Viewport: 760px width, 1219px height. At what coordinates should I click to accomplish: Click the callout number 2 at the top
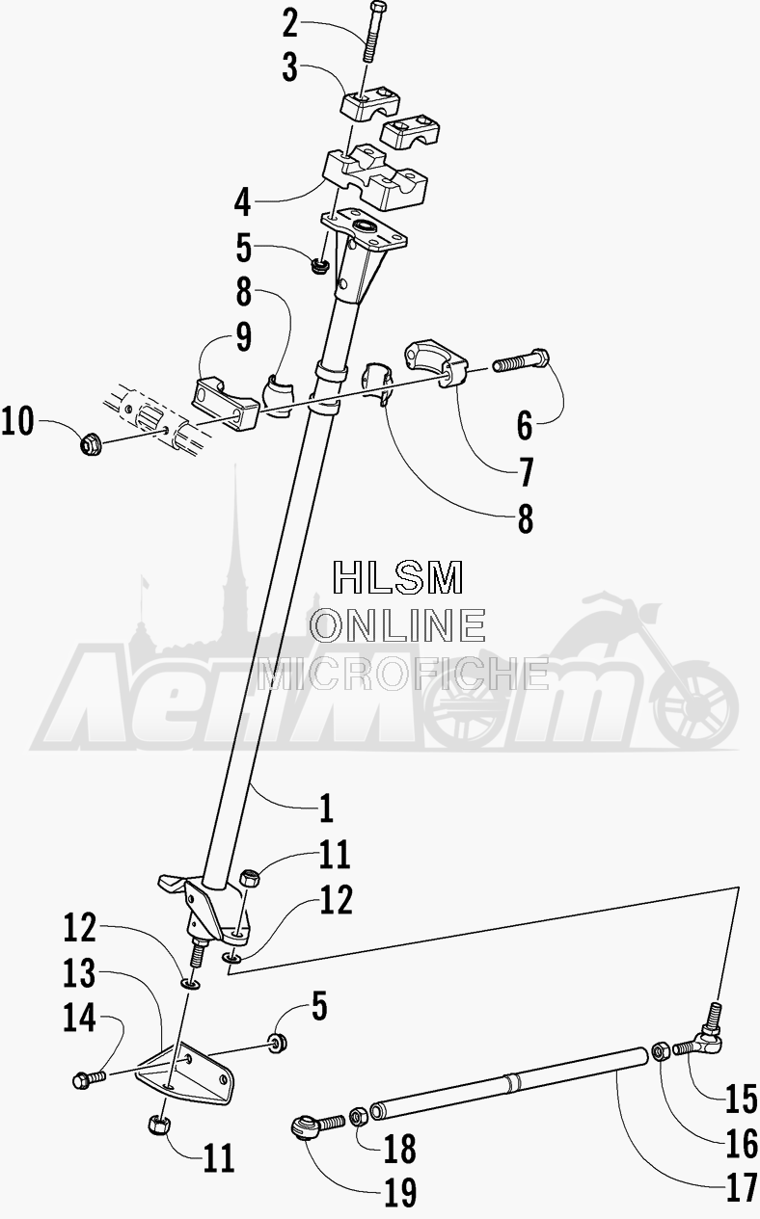[290, 25]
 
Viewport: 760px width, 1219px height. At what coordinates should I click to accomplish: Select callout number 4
[242, 203]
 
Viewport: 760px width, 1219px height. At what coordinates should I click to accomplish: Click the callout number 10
[17, 422]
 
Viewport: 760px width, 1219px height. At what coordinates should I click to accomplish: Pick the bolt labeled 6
[520, 360]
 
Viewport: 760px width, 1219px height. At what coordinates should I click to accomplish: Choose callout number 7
[526, 472]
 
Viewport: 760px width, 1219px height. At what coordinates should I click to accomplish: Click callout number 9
[243, 337]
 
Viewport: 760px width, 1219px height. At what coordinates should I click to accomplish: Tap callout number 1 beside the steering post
[326, 808]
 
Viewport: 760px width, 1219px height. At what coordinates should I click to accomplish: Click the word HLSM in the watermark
[398, 577]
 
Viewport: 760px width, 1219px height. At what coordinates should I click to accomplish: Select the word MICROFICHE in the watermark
[402, 674]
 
